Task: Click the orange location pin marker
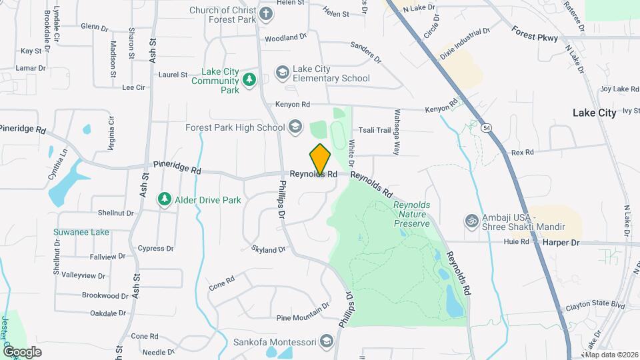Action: point(320,159)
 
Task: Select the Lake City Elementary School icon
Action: point(282,72)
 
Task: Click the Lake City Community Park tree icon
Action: point(249,80)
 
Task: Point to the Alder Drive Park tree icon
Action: point(164,199)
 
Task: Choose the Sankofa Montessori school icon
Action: point(326,343)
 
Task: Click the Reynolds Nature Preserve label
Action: point(412,215)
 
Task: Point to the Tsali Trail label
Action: point(374,130)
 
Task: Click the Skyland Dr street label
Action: point(269,249)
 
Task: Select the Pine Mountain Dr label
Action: point(303,307)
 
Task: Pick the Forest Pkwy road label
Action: point(535,33)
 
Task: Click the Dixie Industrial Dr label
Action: point(465,41)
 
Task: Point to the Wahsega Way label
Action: point(396,132)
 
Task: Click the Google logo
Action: point(22,351)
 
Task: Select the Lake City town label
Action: point(594,113)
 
